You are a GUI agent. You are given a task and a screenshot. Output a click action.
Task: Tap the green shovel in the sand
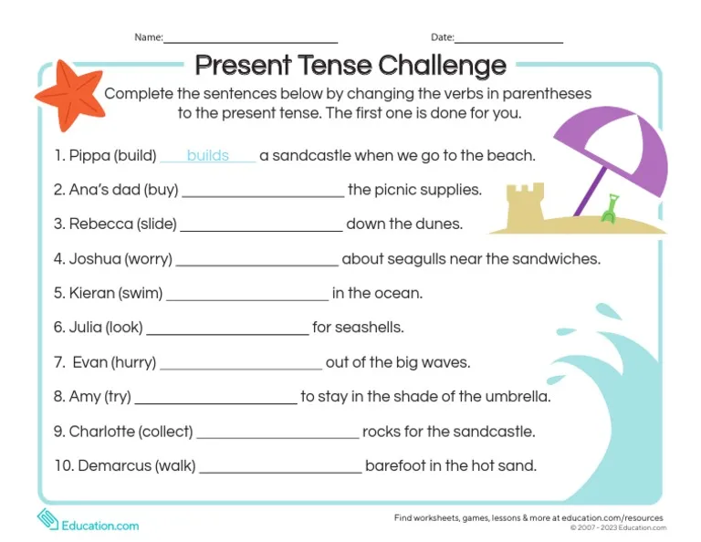click(608, 209)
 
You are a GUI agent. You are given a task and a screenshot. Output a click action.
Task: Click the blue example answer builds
click(207, 156)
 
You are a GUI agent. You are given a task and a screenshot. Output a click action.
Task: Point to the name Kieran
click(92, 294)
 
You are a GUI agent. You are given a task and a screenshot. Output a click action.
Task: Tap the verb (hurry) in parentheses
click(134, 362)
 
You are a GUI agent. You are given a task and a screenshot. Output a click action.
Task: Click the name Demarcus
click(114, 466)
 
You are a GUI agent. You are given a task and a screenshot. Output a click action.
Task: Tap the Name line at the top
click(250, 40)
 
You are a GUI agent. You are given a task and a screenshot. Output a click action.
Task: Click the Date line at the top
click(508, 40)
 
